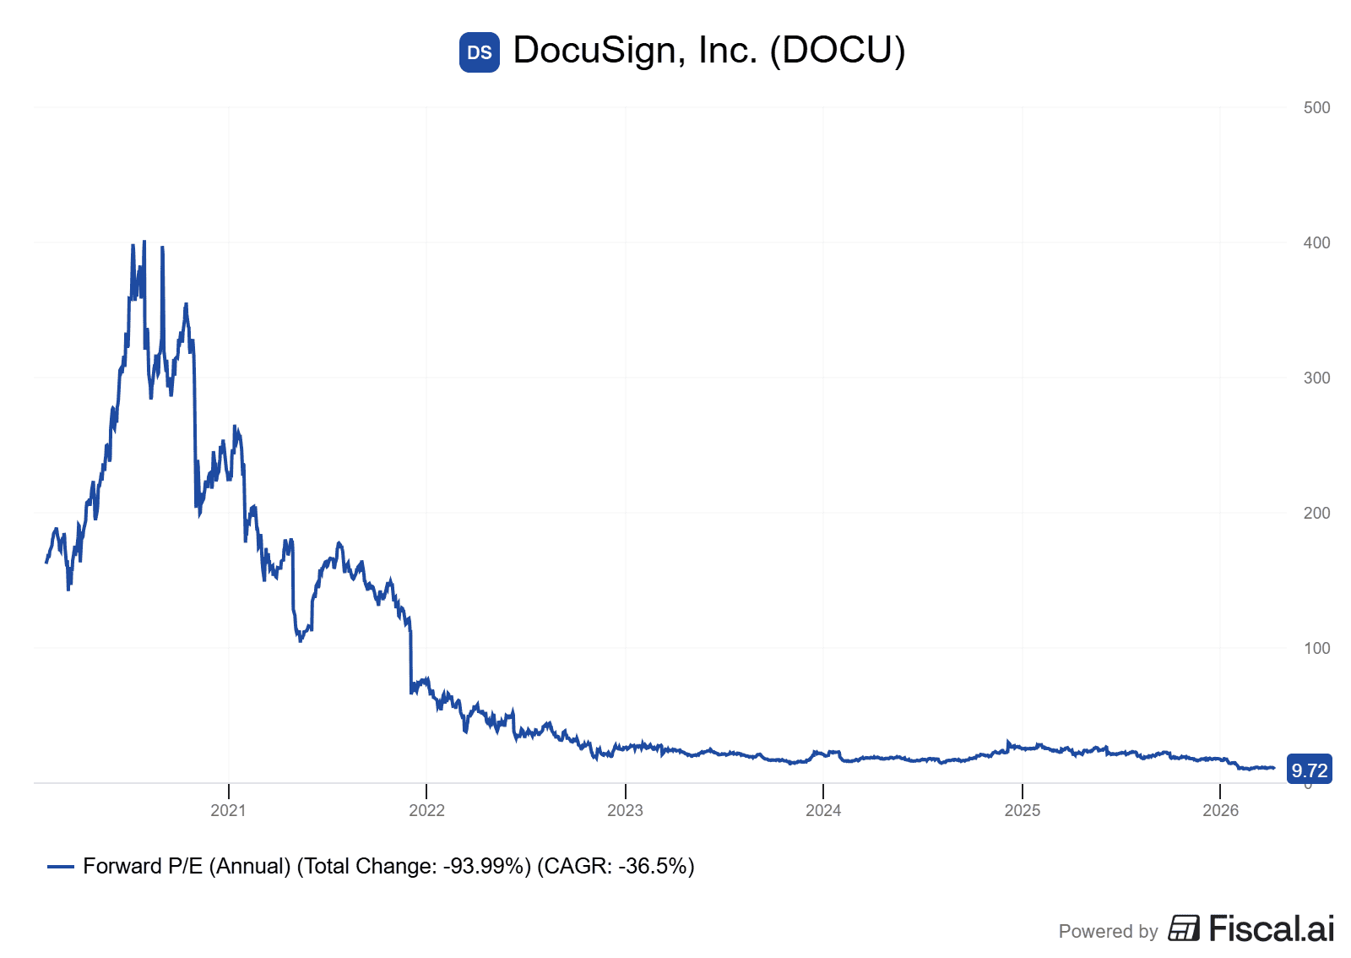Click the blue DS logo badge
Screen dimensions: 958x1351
(x=479, y=52)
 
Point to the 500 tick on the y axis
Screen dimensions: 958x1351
(x=1316, y=107)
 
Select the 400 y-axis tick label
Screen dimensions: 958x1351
(x=1316, y=242)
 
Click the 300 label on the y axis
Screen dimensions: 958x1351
(x=1316, y=378)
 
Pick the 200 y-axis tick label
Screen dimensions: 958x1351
(x=1316, y=513)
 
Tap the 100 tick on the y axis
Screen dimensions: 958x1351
(x=1316, y=648)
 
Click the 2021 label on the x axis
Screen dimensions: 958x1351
(x=228, y=811)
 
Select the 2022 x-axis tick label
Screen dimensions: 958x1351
(x=426, y=811)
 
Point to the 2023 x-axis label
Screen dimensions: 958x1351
(x=625, y=811)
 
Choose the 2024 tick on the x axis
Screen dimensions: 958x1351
(x=823, y=811)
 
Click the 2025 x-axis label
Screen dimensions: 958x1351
(x=1022, y=811)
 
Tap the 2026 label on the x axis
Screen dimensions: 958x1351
(x=1220, y=811)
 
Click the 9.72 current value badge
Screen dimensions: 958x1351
(x=1309, y=770)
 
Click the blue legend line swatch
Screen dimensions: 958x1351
(x=61, y=867)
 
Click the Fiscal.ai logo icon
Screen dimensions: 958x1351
(x=1184, y=928)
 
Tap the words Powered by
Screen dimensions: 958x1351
(x=1108, y=931)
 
